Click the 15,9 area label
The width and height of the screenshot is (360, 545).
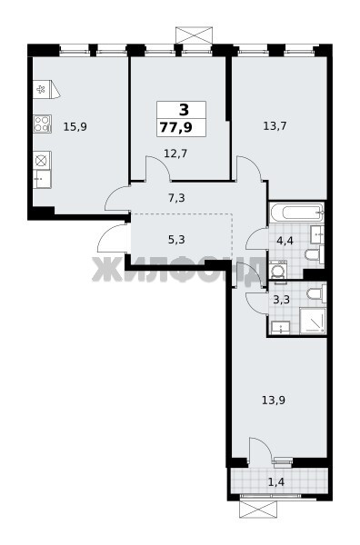[x=75, y=127]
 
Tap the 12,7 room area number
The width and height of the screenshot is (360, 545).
[x=175, y=153]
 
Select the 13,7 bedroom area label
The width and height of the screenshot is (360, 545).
[x=275, y=126]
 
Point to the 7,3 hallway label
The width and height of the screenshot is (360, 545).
[x=176, y=198]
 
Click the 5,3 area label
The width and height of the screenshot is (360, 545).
[x=176, y=240]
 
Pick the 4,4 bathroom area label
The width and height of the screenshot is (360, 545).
[x=285, y=240]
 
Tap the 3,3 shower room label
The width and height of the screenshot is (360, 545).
[x=282, y=299]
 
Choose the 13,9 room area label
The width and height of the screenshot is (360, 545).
[x=274, y=401]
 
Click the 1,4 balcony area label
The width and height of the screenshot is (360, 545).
[x=276, y=482]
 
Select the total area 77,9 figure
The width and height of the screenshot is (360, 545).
[x=176, y=127]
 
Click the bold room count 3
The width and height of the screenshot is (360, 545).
[x=184, y=110]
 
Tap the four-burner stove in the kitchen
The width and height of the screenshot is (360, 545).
[x=43, y=124]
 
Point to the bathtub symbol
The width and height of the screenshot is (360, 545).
[x=296, y=213]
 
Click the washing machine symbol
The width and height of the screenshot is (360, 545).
[x=278, y=270]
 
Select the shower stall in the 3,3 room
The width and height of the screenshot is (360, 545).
[x=313, y=321]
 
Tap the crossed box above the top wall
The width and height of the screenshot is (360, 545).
[x=194, y=35]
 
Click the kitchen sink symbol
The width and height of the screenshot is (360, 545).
[x=43, y=179]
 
